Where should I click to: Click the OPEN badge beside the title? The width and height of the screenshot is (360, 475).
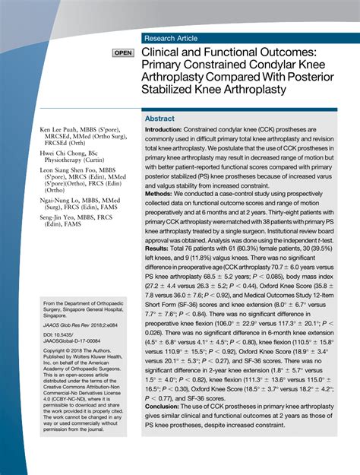click(122, 54)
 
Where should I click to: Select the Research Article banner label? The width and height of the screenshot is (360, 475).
click(172, 38)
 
